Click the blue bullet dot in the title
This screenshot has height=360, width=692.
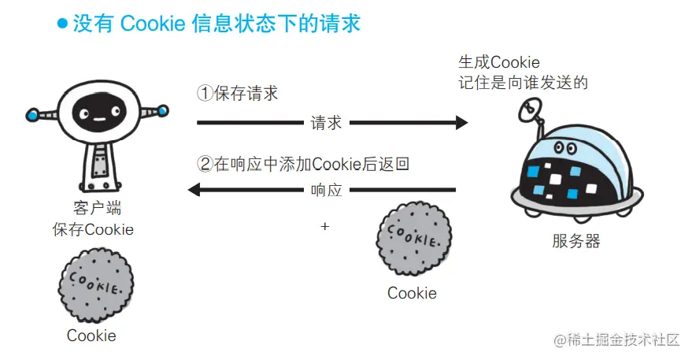[62, 24]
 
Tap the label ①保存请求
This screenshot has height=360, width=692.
[237, 94]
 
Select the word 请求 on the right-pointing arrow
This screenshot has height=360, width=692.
[327, 123]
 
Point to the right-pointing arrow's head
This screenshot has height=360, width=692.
[461, 123]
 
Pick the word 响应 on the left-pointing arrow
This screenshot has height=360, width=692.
[327, 190]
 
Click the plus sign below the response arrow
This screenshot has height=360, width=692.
[324, 226]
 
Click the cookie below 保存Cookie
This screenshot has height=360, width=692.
[96, 284]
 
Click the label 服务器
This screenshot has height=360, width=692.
[575, 241]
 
